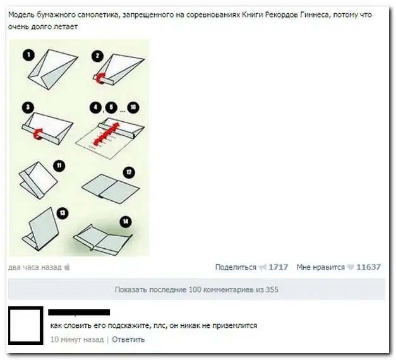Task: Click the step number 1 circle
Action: click(x=28, y=55)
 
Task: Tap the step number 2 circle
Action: click(x=97, y=56)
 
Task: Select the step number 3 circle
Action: click(x=28, y=107)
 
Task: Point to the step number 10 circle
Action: click(x=133, y=107)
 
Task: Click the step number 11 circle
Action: click(x=59, y=166)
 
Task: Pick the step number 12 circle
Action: click(x=129, y=172)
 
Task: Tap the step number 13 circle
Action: click(x=63, y=213)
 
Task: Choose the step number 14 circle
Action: click(x=126, y=222)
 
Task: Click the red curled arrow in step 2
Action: click(x=100, y=78)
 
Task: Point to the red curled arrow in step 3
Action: click(x=39, y=134)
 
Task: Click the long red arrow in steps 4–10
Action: click(x=106, y=134)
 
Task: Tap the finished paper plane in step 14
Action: click(x=103, y=239)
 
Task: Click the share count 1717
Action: click(x=279, y=267)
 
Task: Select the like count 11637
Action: click(x=368, y=267)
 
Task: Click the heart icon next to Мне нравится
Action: click(x=351, y=267)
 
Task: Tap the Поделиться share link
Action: click(x=236, y=267)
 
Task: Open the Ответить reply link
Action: click(x=128, y=339)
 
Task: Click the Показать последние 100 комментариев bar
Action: click(x=196, y=289)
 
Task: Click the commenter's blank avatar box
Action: click(x=25, y=326)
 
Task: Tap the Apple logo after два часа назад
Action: click(x=67, y=267)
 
